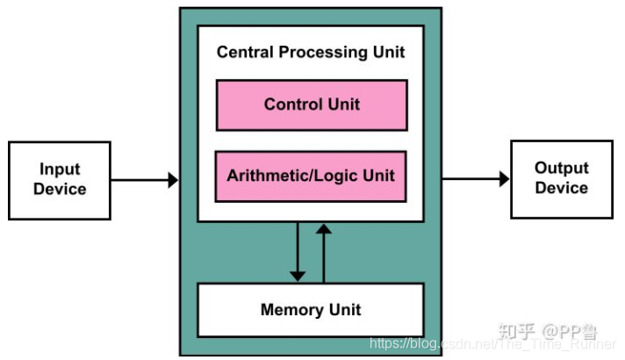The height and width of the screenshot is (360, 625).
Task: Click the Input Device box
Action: (x=60, y=179)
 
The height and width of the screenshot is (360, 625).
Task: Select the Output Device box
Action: (x=562, y=178)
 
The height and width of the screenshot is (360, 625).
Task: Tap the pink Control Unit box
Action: (x=312, y=104)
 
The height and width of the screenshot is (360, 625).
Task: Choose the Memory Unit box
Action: (x=311, y=310)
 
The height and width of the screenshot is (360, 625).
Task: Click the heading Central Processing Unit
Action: (x=311, y=52)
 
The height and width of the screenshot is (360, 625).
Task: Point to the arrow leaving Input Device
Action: (x=144, y=180)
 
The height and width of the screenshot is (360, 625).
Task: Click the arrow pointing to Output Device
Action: (x=475, y=179)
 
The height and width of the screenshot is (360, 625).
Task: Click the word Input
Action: (x=60, y=169)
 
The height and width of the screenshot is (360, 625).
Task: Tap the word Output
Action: (x=562, y=168)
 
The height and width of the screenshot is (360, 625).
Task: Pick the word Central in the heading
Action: (x=246, y=52)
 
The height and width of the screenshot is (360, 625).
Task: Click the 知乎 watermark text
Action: (x=517, y=331)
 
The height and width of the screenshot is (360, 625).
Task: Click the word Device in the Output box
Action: (x=562, y=189)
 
